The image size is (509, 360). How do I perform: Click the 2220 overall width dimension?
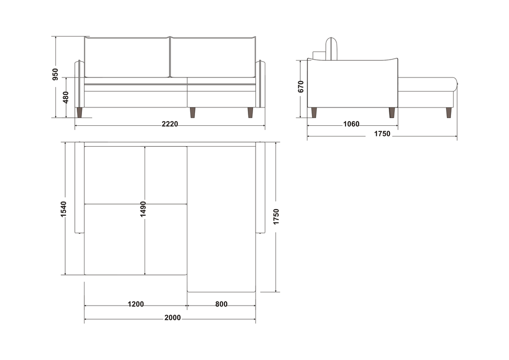pyautogui.click(x=170, y=124)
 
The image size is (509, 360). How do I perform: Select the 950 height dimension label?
pyautogui.click(x=55, y=74)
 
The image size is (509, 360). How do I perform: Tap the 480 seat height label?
pyautogui.click(x=66, y=97)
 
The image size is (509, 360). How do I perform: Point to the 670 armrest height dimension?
pyautogui.click(x=301, y=87)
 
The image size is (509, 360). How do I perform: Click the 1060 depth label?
pyautogui.click(x=351, y=124)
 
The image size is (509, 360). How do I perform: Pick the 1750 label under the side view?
pyautogui.click(x=382, y=134)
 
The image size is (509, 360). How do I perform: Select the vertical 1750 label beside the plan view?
pyautogui.click(x=276, y=216)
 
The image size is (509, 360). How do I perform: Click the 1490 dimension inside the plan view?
pyautogui.click(x=143, y=209)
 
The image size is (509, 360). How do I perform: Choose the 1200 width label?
pyautogui.click(x=136, y=304)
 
